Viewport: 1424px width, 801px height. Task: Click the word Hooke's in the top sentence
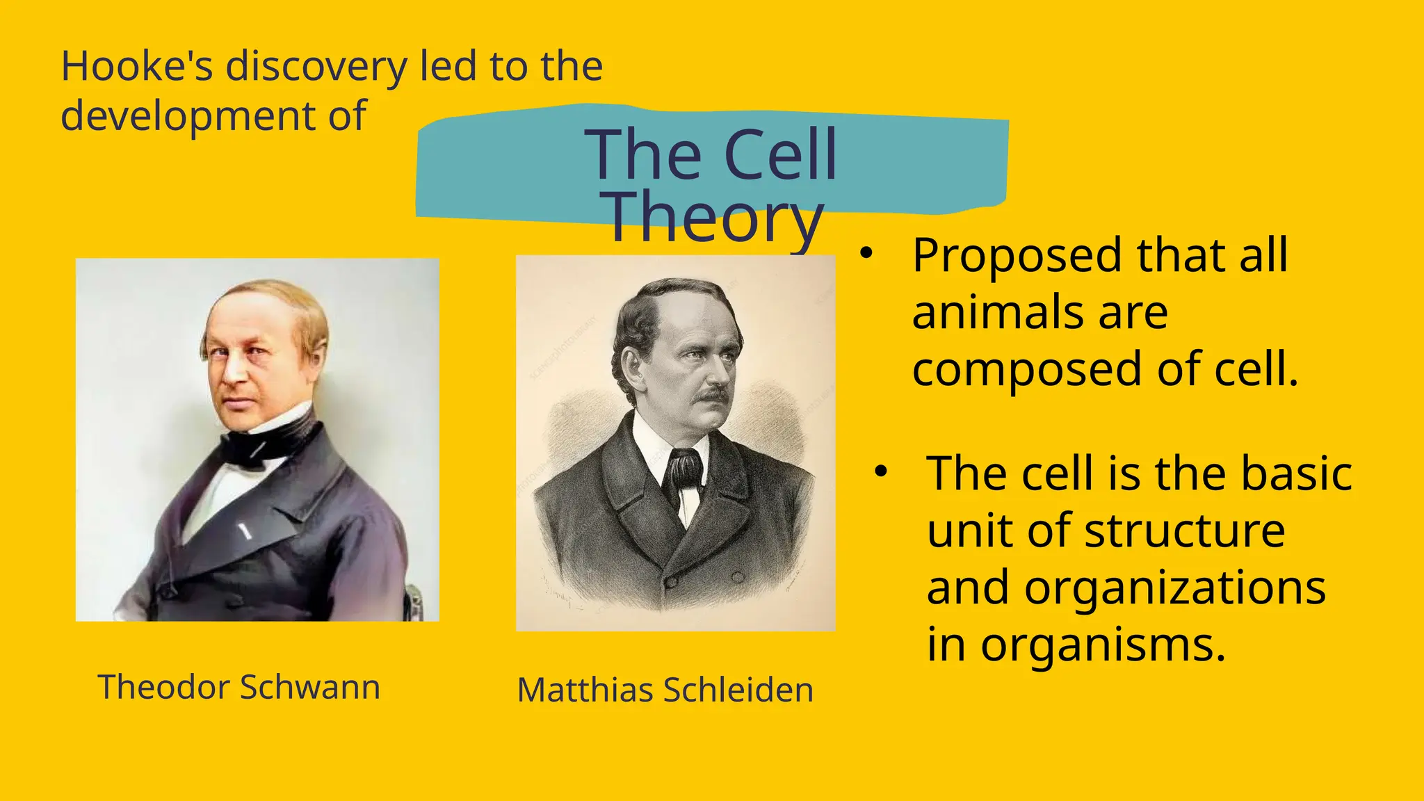point(136,67)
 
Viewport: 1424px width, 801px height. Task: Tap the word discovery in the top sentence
point(316,68)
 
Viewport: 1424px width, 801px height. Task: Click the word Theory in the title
point(714,217)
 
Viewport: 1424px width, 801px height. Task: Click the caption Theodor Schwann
point(238,687)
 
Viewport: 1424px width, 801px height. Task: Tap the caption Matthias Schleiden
point(665,690)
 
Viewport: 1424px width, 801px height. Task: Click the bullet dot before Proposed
point(865,254)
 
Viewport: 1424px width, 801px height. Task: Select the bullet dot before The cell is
point(881,472)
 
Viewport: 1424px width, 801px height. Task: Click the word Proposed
point(1017,257)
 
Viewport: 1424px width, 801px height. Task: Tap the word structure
point(1184,531)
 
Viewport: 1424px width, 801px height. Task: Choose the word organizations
point(1175,588)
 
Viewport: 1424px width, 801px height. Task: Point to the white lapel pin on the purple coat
point(244,532)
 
